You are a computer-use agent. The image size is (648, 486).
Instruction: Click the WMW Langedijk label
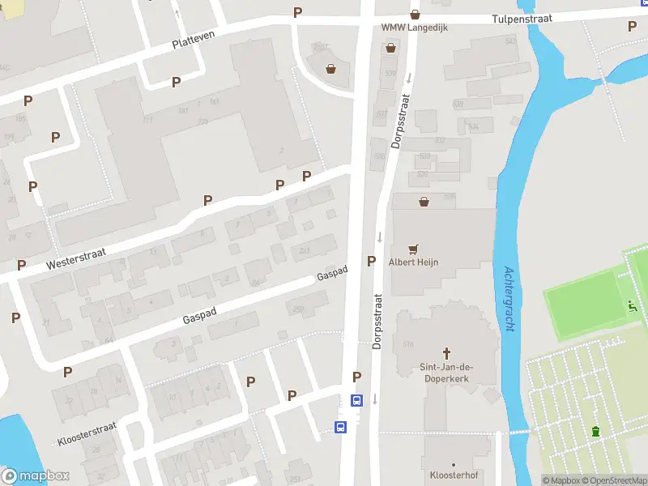click(415, 28)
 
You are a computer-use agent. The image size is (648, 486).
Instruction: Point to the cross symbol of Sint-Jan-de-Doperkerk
click(446, 353)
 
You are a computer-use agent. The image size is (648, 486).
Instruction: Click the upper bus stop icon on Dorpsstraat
click(356, 400)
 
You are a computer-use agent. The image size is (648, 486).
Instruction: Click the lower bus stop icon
click(341, 427)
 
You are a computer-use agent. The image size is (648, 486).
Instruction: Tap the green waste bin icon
click(596, 431)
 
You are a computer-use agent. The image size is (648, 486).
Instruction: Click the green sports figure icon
click(633, 306)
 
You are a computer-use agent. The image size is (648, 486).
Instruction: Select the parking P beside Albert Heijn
click(372, 261)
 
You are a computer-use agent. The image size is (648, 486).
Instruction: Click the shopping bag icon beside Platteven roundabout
click(330, 69)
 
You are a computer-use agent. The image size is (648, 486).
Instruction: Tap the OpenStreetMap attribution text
click(616, 480)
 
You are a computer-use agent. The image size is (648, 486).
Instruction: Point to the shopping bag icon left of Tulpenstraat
click(416, 14)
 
